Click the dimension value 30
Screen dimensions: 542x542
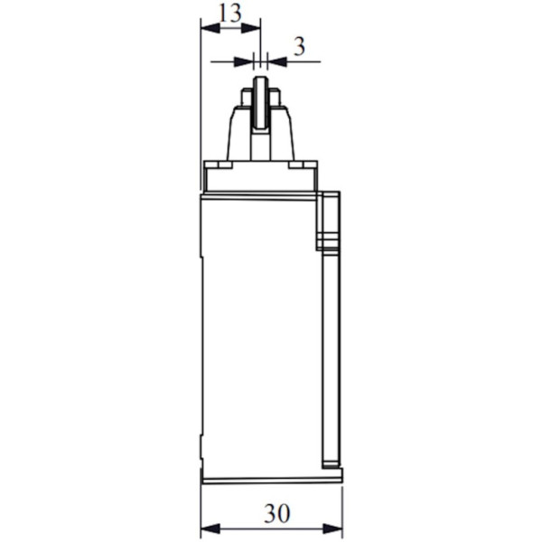click(x=276, y=514)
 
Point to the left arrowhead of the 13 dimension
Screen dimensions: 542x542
click(x=208, y=28)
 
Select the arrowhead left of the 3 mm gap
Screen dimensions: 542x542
click(x=245, y=61)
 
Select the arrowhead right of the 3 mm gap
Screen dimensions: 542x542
click(x=276, y=61)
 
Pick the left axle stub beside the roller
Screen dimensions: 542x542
click(x=246, y=98)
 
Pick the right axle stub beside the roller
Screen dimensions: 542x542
click(x=275, y=98)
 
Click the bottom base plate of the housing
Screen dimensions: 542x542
click(x=271, y=476)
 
